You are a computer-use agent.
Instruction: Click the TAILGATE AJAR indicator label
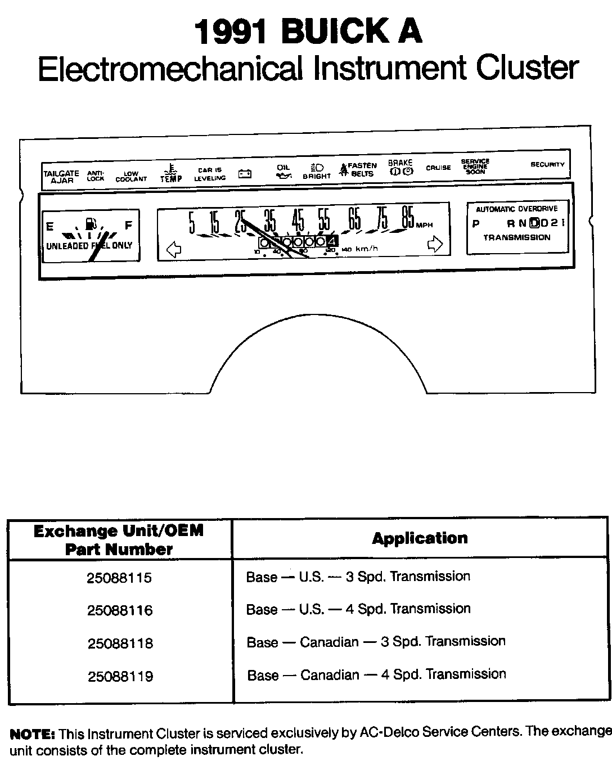click(x=61, y=177)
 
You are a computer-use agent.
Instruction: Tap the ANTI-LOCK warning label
click(x=96, y=176)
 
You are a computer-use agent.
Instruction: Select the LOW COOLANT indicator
click(x=131, y=177)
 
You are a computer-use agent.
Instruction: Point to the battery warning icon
click(x=245, y=174)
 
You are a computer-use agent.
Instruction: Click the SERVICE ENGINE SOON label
click(x=475, y=166)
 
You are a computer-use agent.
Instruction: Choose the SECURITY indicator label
click(x=547, y=165)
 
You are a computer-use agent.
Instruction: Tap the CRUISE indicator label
click(x=438, y=168)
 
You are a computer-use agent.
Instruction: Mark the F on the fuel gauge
click(x=128, y=226)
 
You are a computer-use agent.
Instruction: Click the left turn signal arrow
click(x=174, y=248)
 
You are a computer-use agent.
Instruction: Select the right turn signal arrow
click(x=435, y=244)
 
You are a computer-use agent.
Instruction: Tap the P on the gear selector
click(x=476, y=224)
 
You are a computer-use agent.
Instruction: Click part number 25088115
click(x=119, y=578)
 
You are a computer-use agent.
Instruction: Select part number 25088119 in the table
click(x=120, y=676)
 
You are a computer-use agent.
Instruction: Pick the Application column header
click(x=420, y=538)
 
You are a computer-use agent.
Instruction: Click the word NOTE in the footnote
click(x=32, y=734)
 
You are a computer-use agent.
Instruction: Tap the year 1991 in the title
click(x=230, y=32)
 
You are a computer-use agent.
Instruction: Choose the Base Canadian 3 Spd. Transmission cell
click(x=376, y=642)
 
